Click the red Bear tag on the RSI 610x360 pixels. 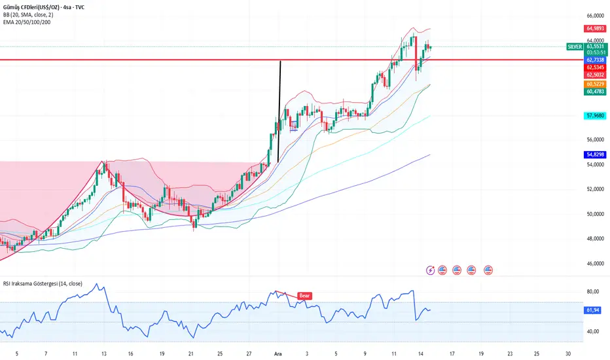coord(304,296)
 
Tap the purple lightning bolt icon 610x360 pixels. coord(430,270)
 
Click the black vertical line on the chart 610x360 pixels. coord(279,111)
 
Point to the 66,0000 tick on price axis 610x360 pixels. coord(594,15)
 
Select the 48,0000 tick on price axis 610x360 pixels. coord(594,239)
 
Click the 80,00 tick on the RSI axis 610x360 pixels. coord(593,291)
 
